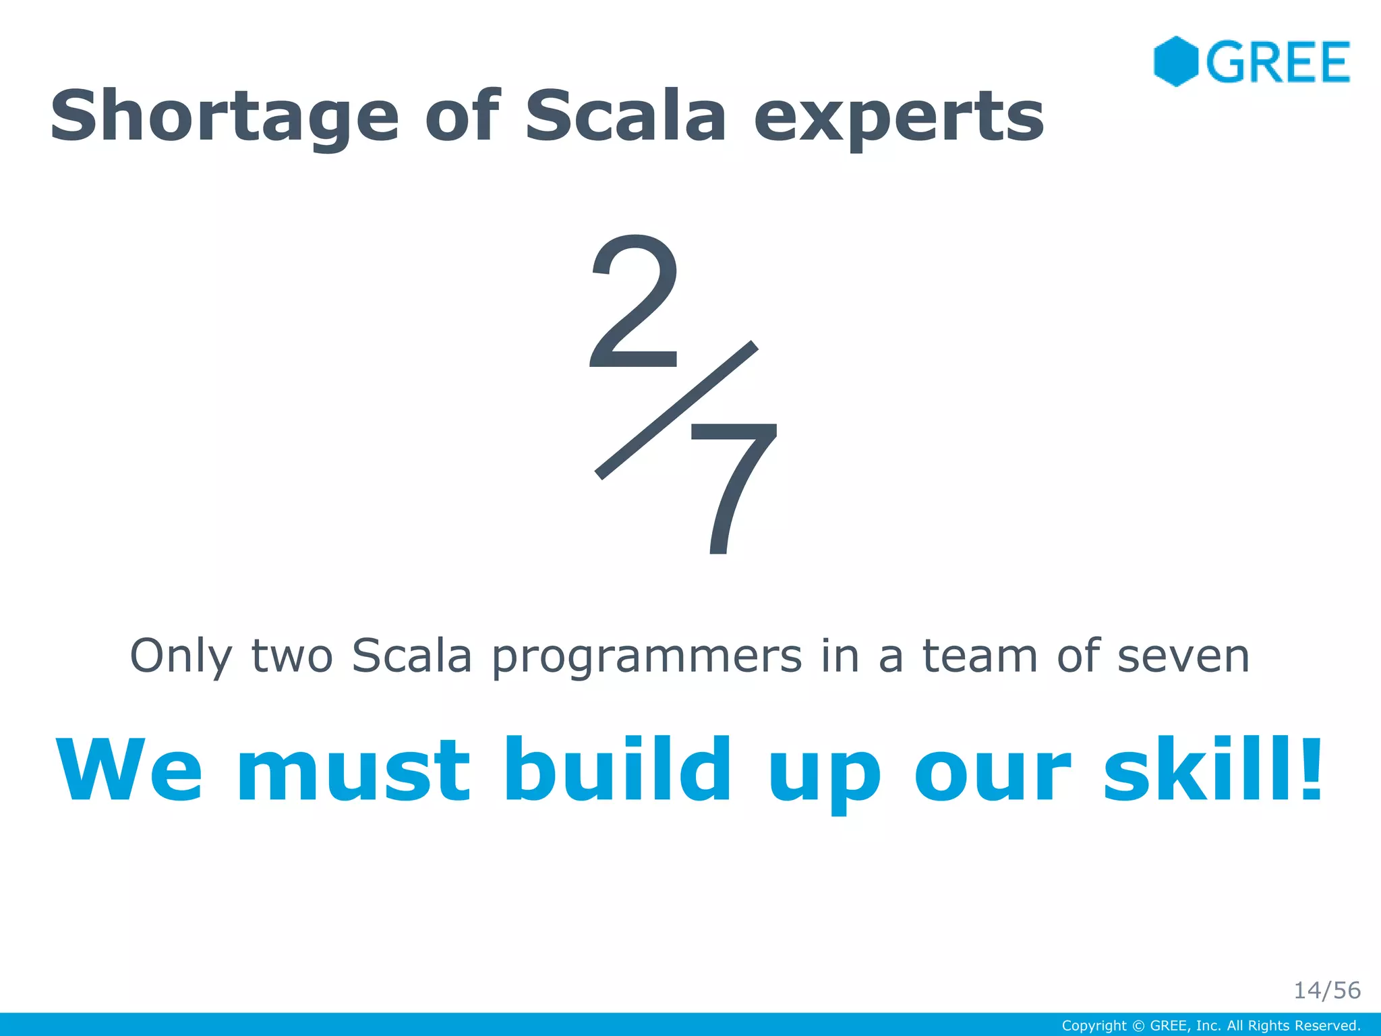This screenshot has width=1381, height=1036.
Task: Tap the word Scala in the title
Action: [x=625, y=116]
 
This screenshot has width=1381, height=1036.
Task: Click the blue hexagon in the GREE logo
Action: [x=1175, y=61]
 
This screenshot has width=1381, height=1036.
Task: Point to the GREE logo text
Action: [x=1279, y=63]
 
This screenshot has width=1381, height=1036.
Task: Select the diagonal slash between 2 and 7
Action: [x=676, y=410]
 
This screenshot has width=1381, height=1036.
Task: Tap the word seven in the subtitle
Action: [x=1183, y=656]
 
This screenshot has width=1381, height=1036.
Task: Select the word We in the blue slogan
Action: [x=129, y=770]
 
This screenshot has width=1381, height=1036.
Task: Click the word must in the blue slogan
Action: [x=353, y=772]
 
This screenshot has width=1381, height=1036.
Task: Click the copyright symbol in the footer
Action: [x=1138, y=1026]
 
